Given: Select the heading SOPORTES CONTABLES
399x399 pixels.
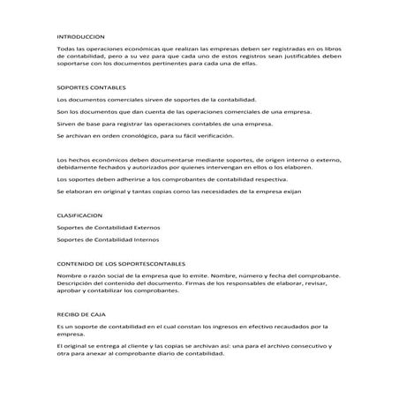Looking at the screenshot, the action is (91, 89).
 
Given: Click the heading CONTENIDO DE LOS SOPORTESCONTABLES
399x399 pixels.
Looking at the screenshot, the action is (120, 264).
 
